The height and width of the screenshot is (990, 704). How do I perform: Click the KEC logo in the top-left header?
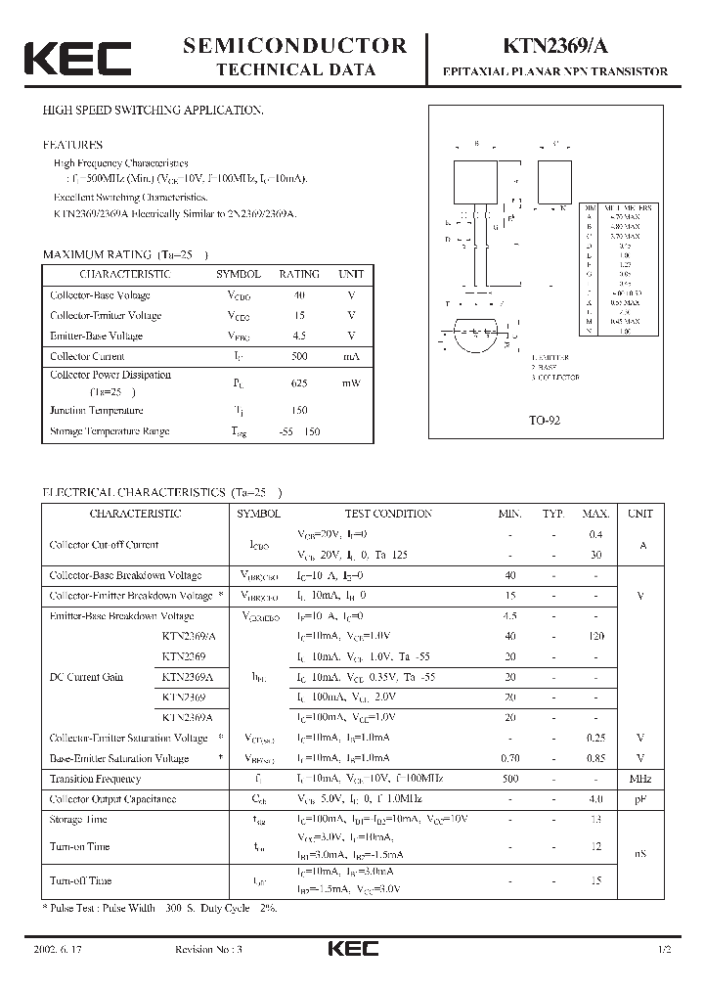pos(77,58)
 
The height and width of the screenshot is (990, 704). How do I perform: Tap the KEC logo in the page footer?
pos(352,949)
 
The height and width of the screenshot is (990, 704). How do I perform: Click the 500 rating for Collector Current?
pos(298,356)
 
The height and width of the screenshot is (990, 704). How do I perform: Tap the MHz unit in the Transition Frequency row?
pos(640,779)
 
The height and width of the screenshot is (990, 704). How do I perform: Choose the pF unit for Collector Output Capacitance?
pos(640,799)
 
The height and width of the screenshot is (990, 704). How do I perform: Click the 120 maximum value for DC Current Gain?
pos(594,636)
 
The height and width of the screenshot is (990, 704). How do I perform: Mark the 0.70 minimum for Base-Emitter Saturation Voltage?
pos(509,758)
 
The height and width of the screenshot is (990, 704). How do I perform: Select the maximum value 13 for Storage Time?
pos(594,819)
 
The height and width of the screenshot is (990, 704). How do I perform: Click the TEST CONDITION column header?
pos(387,514)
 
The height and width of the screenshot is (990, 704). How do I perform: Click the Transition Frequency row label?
pos(95,779)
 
